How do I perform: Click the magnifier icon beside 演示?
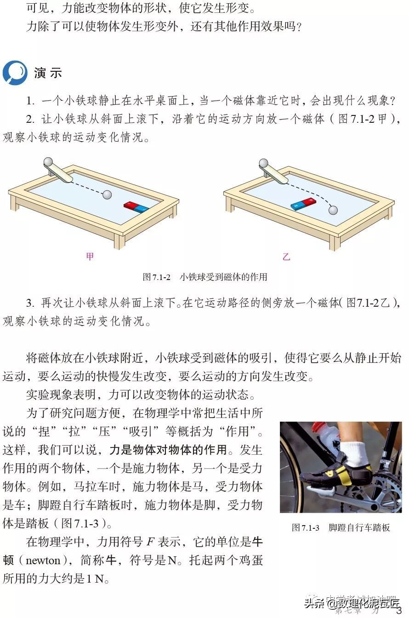tap(14, 73)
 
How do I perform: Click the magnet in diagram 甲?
tap(136, 207)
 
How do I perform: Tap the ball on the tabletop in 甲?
tap(107, 195)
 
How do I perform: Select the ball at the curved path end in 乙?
tap(333, 210)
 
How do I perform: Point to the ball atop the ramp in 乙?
tap(263, 163)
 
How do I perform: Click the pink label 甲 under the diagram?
tap(90, 257)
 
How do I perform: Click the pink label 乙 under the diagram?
tap(286, 257)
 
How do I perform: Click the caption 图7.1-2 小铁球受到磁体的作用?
tap(204, 277)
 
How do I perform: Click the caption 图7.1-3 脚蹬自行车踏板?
tap(341, 527)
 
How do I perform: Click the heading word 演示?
tap(48, 73)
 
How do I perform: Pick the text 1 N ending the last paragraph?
tap(95, 579)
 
